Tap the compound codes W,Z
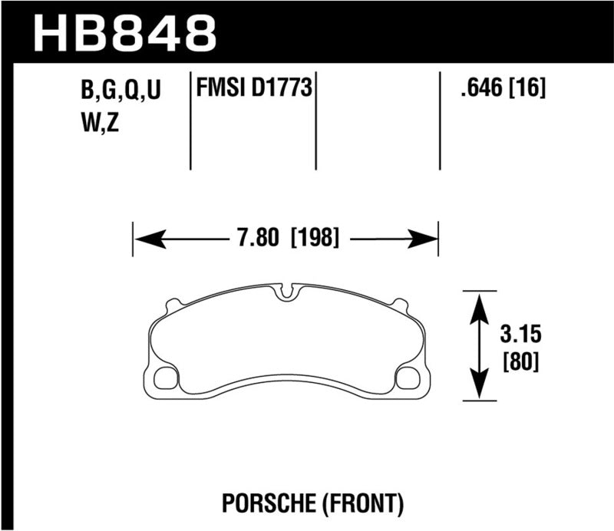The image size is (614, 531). [x=100, y=123]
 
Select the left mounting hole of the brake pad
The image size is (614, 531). [x=166, y=378]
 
